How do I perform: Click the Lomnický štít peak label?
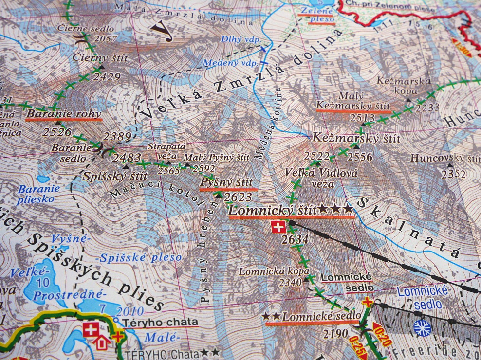click(273, 210)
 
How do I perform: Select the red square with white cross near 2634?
click(278, 227)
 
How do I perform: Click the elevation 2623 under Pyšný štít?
click(239, 197)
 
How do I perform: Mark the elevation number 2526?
click(57, 131)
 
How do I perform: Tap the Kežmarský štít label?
click(356, 138)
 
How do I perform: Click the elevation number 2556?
click(360, 157)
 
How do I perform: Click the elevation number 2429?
click(107, 76)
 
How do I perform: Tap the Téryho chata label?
click(161, 322)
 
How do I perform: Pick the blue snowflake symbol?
click(422, 327)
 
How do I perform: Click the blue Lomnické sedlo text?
click(423, 298)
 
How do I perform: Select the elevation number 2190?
click(335, 334)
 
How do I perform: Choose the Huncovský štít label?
click(445, 158)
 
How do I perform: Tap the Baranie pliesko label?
click(39, 194)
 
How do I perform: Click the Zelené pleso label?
click(317, 14)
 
